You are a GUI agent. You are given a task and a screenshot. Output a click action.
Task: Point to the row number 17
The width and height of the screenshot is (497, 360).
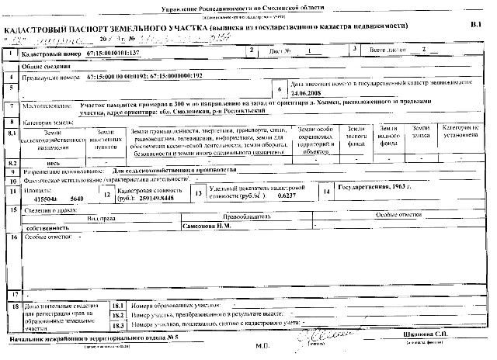click(15, 296)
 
